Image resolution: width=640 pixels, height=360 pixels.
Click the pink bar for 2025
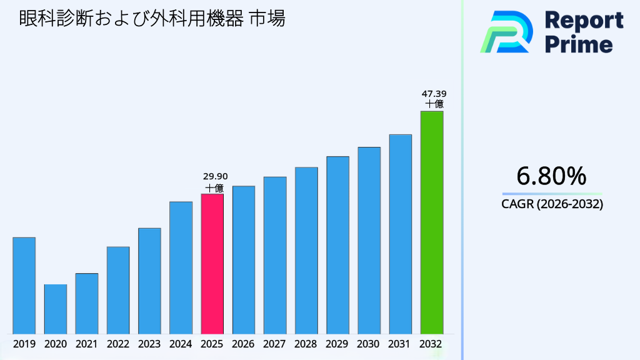(x=212, y=264)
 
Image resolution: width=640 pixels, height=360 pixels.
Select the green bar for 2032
(x=431, y=222)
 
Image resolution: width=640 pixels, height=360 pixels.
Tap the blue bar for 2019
(x=24, y=286)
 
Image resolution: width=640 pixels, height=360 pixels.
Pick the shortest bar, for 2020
(x=55, y=309)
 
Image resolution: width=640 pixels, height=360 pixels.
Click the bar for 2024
(x=181, y=267)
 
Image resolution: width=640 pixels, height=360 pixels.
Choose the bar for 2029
(x=337, y=245)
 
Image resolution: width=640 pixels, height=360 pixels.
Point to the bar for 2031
(x=400, y=234)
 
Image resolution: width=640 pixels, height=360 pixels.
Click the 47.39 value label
(x=434, y=94)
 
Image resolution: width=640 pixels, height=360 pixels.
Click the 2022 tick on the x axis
(x=118, y=344)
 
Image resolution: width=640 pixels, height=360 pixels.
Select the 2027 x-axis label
(x=275, y=344)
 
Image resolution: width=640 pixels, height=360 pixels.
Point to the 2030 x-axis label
(x=369, y=344)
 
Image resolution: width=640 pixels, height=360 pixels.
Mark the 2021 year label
(x=87, y=344)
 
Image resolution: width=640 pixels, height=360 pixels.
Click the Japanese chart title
(x=152, y=19)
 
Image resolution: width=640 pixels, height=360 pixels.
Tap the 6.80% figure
(x=552, y=176)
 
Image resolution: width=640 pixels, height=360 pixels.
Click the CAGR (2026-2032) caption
(x=552, y=204)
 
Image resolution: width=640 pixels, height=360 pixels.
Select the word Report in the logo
(x=584, y=21)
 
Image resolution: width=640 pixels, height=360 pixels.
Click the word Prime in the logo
(x=579, y=44)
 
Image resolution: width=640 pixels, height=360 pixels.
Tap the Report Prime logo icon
(x=506, y=32)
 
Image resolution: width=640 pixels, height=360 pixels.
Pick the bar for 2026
(x=243, y=260)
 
